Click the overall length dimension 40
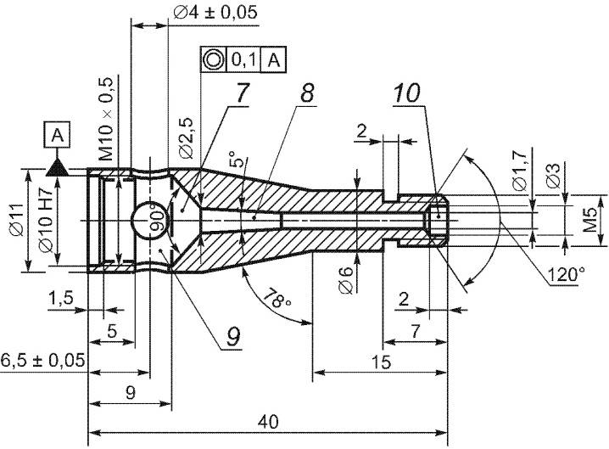click(268, 421)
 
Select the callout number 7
click(242, 93)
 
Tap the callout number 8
click(307, 93)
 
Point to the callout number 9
click(232, 336)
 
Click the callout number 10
click(406, 93)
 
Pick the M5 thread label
click(590, 220)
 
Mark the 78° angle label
click(277, 300)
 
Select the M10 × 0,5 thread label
click(106, 119)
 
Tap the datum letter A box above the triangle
click(58, 135)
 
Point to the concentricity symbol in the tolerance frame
click(213, 60)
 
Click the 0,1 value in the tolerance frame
click(243, 60)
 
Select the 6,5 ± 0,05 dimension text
click(42, 360)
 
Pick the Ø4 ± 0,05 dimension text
click(215, 12)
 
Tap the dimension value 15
click(381, 362)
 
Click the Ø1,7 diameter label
click(520, 171)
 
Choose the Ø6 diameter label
click(346, 280)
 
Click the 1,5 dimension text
click(60, 299)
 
